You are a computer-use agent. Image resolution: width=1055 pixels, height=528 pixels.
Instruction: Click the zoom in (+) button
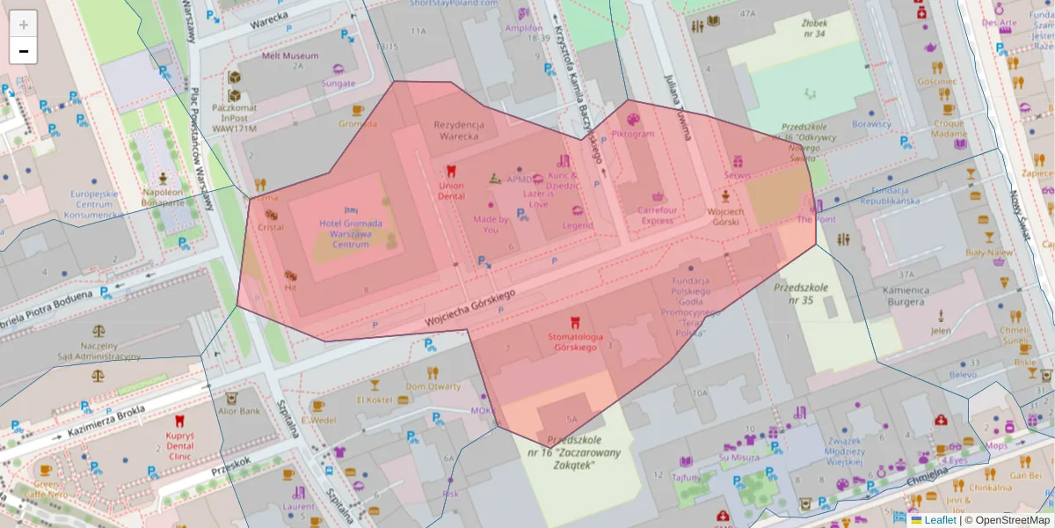[24, 24]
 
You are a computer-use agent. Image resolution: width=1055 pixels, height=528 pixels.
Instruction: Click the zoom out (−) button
[24, 51]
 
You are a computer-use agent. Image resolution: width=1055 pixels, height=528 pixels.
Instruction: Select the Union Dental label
[451, 191]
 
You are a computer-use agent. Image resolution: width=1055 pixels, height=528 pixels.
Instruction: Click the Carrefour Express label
[658, 216]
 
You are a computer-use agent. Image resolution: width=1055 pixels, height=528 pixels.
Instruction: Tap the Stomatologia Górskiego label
[574, 341]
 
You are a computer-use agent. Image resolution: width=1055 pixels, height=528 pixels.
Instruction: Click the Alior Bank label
[238, 411]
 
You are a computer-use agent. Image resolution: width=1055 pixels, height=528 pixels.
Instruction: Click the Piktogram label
[633, 134]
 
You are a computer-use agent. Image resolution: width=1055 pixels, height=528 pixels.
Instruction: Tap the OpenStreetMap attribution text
[1012, 520]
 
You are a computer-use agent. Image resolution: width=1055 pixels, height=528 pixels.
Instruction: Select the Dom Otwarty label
[433, 386]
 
